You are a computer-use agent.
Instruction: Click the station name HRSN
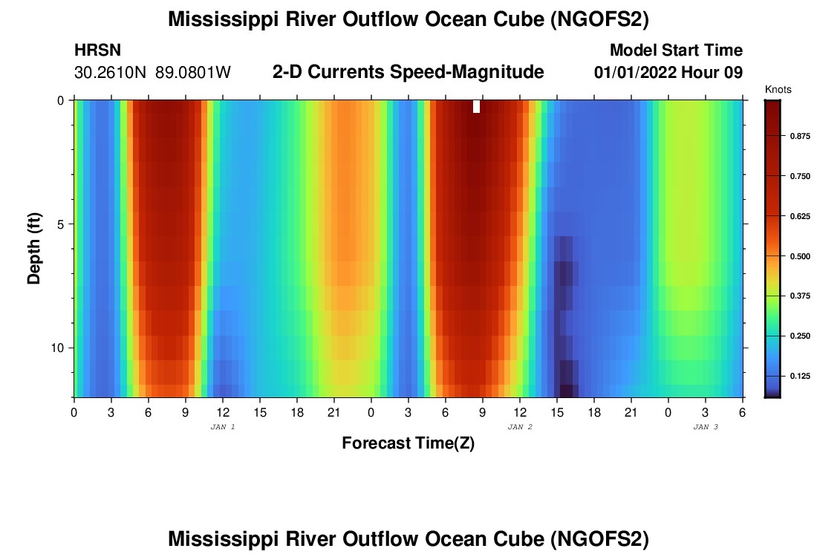pyautogui.click(x=98, y=51)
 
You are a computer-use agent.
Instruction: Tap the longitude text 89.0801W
pyautogui.click(x=193, y=73)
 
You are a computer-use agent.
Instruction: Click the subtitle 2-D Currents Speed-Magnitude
pyautogui.click(x=408, y=72)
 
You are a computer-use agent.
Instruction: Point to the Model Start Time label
pyautogui.click(x=676, y=51)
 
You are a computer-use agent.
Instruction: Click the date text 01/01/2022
pyautogui.click(x=635, y=73)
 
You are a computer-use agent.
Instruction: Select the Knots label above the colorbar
pyautogui.click(x=778, y=90)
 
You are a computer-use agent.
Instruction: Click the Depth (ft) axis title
pyautogui.click(x=33, y=249)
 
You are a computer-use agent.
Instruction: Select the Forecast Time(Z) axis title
pyautogui.click(x=408, y=443)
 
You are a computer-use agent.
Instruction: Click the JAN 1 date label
pyautogui.click(x=223, y=427)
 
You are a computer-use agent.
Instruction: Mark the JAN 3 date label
pyautogui.click(x=706, y=427)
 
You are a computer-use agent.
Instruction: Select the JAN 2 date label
pyautogui.click(x=520, y=427)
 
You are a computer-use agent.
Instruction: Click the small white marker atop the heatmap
pyautogui.click(x=476, y=106)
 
